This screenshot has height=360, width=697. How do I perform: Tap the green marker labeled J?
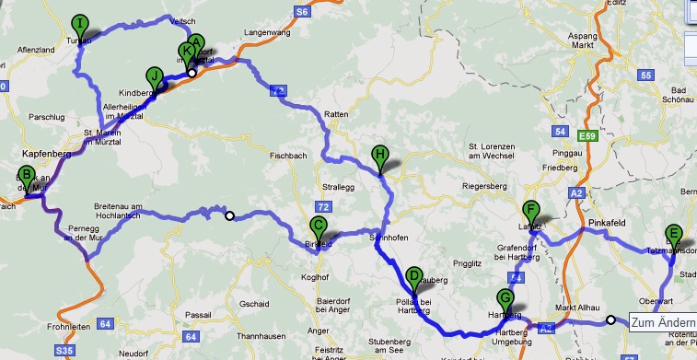tap(154, 77)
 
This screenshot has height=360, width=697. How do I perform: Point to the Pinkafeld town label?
tap(607, 224)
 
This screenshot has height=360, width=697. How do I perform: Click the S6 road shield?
tap(301, 11)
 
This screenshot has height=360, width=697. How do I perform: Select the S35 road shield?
tap(64, 350)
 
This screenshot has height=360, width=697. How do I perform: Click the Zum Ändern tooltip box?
tap(663, 322)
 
